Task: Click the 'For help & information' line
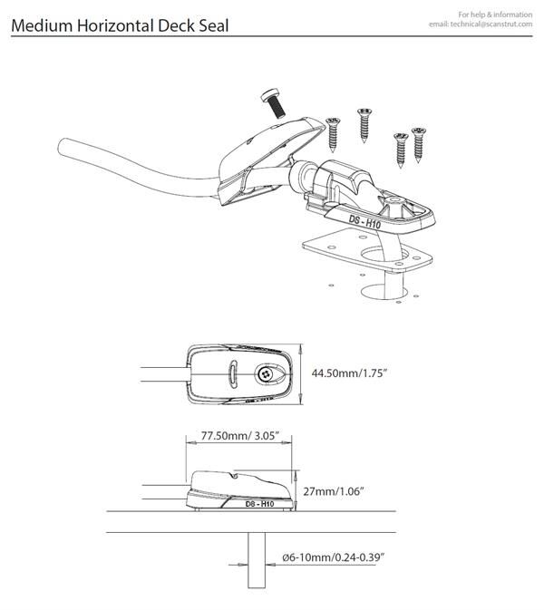pos(496,15)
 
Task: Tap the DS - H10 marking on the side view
pos(259,502)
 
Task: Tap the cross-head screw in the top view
pos(266,372)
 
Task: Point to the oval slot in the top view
pos(233,373)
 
